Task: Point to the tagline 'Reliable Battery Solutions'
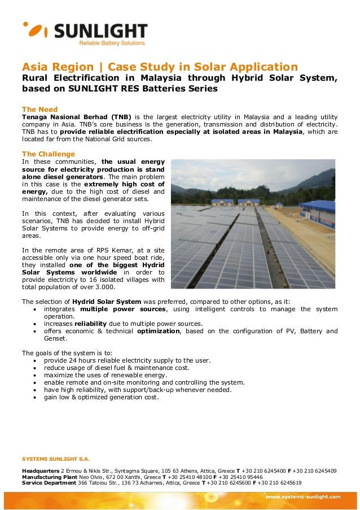click(111, 43)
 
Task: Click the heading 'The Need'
click(39, 109)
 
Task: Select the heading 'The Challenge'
click(48, 154)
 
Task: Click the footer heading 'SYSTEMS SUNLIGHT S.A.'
click(55, 459)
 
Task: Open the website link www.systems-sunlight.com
click(303, 497)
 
